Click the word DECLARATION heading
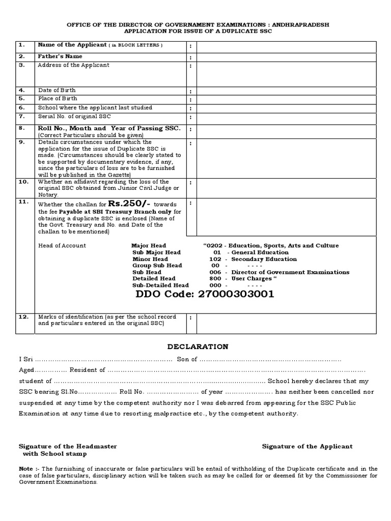coord(198,346)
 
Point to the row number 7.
coord(22,116)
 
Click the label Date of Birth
coord(57,90)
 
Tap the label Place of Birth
coord(58,99)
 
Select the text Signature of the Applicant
coord(307,446)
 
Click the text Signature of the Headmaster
coord(68,446)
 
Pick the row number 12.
coord(23,316)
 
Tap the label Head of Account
coord(63,246)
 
